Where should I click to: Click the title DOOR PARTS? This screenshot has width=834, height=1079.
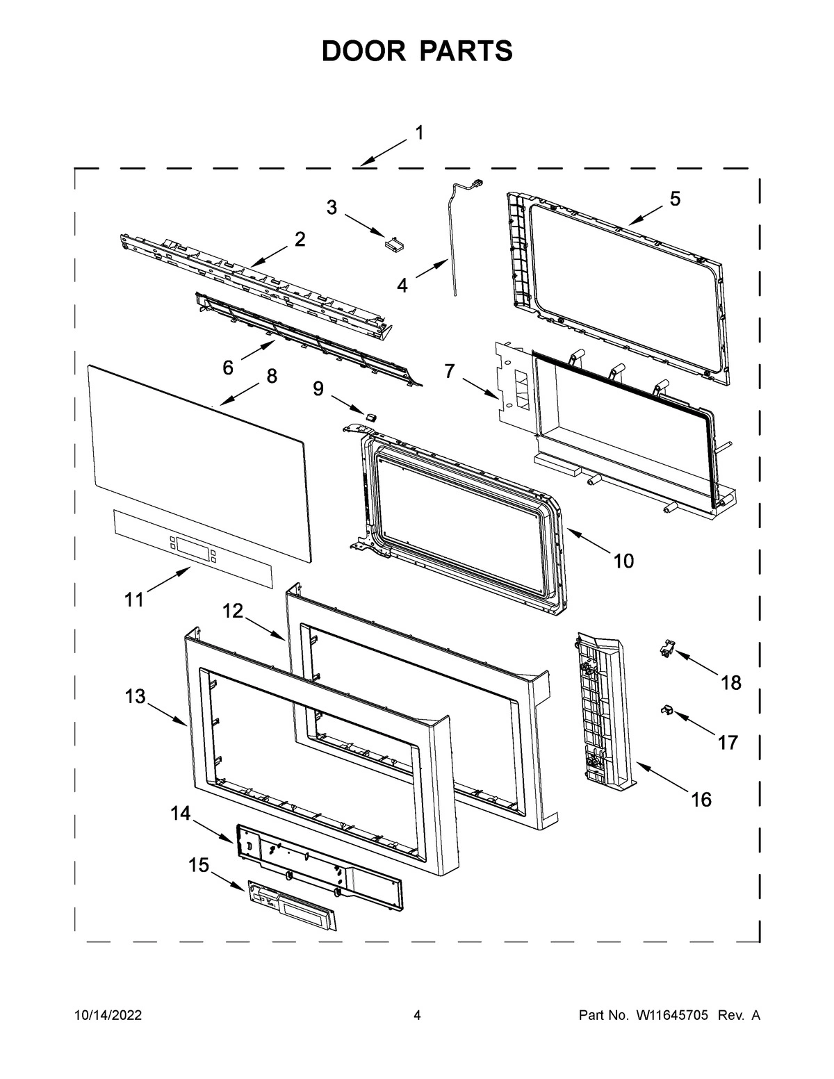pyautogui.click(x=417, y=51)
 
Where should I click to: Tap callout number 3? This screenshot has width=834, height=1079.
pyautogui.click(x=332, y=207)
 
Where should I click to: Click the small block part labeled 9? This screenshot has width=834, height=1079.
pyautogui.click(x=371, y=415)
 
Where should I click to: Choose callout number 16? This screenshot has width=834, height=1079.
pyautogui.click(x=701, y=800)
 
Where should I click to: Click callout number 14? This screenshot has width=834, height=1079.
pyautogui.click(x=180, y=814)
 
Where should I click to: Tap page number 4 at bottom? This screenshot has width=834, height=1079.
pyautogui.click(x=417, y=1016)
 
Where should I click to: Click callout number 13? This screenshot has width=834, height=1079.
pyautogui.click(x=136, y=695)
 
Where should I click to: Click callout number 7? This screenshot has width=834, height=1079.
pyautogui.click(x=450, y=371)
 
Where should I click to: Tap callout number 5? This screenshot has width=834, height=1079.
pyautogui.click(x=675, y=199)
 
